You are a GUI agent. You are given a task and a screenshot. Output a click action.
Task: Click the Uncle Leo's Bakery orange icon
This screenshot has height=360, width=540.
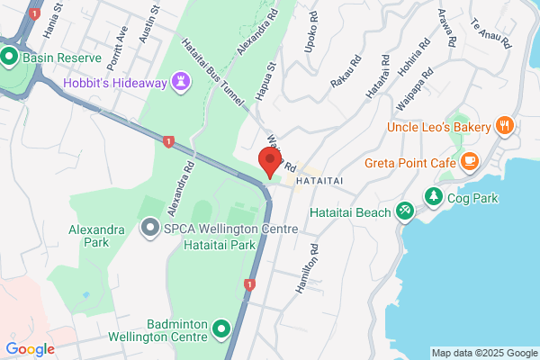(505, 127)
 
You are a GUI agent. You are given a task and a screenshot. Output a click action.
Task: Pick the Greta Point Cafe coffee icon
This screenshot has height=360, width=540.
(468, 162)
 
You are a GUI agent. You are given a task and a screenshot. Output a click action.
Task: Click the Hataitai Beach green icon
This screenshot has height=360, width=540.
(406, 211)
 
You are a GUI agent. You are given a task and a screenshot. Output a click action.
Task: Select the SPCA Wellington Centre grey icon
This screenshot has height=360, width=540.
(149, 229)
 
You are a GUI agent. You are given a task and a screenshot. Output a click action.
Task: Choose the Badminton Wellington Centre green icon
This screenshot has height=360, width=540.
(222, 332)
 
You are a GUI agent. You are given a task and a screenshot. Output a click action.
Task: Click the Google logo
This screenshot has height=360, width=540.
(31, 349)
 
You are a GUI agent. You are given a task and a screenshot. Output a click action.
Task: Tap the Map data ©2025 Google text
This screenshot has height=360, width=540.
(481, 352)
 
